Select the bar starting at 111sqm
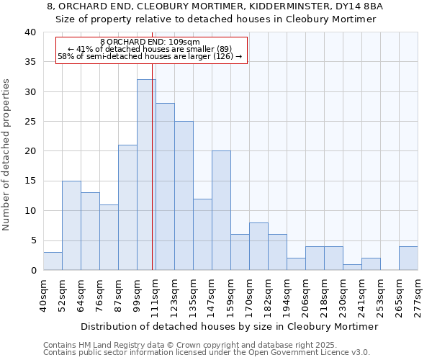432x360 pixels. click(165, 186)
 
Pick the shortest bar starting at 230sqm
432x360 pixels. click(352, 267)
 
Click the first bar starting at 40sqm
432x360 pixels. click(53, 261)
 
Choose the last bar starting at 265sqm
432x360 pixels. click(408, 258)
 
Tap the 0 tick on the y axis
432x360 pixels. click(33, 270)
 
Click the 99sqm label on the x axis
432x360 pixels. click(137, 294)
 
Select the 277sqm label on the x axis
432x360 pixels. click(418, 294)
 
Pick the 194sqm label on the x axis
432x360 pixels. click(287, 294)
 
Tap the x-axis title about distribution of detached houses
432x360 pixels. click(229, 326)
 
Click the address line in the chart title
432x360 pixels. click(215, 6)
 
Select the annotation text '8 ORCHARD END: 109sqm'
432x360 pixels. click(150, 42)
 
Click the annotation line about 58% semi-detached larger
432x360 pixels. click(150, 56)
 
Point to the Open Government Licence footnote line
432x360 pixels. click(207, 353)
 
